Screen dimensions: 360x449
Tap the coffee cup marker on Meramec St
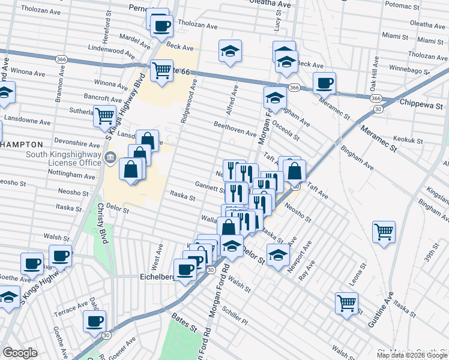tap(324, 83)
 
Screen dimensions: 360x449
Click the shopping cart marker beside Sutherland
tap(104, 115)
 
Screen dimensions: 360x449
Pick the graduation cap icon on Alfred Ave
tap(229, 52)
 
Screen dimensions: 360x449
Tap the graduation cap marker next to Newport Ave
tap(277, 255)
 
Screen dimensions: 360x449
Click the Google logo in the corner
tap(20, 352)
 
